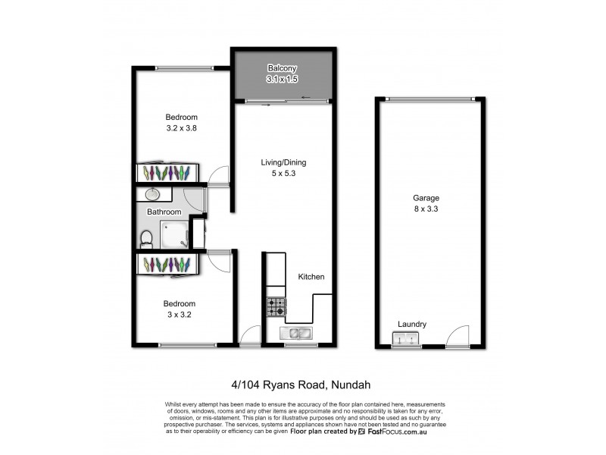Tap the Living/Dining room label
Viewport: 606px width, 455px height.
pyautogui.click(x=284, y=162)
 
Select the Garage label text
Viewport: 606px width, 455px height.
pyautogui.click(x=426, y=198)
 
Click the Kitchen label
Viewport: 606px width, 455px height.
pyautogui.click(x=311, y=277)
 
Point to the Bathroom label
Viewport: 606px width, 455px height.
pyautogui.click(x=164, y=212)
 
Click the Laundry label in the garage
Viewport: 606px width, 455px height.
pyautogui.click(x=412, y=324)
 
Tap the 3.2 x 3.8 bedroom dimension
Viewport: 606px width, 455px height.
pyautogui.click(x=182, y=129)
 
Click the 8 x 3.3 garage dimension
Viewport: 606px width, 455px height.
pyautogui.click(x=426, y=210)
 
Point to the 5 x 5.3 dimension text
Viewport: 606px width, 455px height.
pyautogui.click(x=284, y=174)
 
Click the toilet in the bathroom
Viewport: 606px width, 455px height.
pyautogui.click(x=147, y=239)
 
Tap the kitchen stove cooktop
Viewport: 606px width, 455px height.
pyautogui.click(x=276, y=306)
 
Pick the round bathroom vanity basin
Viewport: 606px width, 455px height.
pyautogui.click(x=151, y=194)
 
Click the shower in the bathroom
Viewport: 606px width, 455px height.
pyautogui.click(x=175, y=235)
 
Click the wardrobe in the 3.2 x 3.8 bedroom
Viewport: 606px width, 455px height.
pyautogui.click(x=167, y=173)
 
